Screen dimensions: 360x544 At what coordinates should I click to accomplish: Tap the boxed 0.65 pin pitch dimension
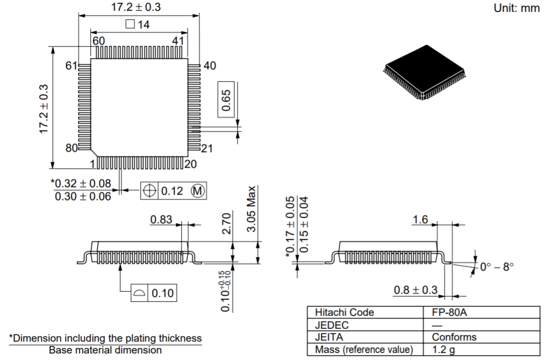[227, 99]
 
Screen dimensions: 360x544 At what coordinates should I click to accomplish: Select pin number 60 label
[98, 41]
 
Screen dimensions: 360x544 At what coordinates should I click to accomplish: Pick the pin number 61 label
[72, 66]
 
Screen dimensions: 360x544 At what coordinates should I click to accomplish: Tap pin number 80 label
[72, 148]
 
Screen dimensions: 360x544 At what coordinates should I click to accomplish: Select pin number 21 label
[207, 149]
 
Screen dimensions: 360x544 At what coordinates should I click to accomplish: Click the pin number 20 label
[190, 164]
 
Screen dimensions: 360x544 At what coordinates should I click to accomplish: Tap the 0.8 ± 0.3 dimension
[416, 290]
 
